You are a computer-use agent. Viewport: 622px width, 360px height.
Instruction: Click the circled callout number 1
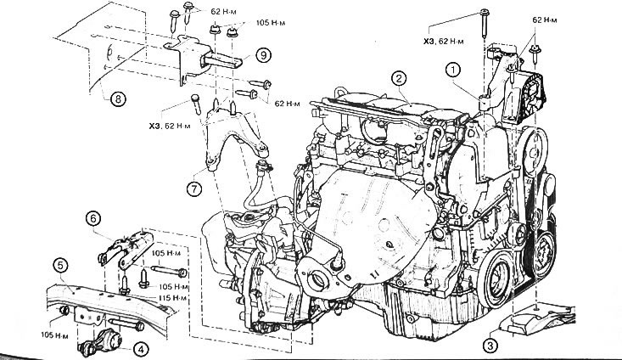click(x=452, y=70)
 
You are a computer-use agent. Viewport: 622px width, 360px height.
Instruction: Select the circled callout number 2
click(x=399, y=78)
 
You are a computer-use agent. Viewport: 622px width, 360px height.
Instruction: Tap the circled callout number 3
click(x=490, y=346)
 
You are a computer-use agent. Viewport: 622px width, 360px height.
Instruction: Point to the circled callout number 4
click(x=141, y=349)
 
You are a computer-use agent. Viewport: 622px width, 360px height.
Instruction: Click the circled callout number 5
click(x=60, y=266)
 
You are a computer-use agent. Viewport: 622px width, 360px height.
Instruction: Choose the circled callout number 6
click(x=93, y=218)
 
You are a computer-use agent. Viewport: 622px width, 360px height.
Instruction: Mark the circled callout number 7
click(x=194, y=188)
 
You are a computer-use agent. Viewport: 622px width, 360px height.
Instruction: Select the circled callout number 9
click(x=263, y=55)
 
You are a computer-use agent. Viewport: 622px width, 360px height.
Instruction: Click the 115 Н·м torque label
click(x=173, y=298)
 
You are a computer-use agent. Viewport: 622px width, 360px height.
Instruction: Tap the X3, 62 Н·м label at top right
click(x=443, y=41)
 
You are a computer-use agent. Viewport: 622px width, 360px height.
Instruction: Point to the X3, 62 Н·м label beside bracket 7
click(x=170, y=127)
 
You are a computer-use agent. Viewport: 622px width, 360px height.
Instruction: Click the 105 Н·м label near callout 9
click(x=271, y=23)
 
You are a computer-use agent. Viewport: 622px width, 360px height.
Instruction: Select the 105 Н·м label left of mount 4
click(x=54, y=335)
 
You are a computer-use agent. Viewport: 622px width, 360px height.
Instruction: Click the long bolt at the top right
click(x=485, y=23)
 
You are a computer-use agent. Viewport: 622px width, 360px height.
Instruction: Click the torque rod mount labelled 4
click(x=99, y=342)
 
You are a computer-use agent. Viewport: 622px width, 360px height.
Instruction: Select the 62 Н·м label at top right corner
click(x=544, y=20)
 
